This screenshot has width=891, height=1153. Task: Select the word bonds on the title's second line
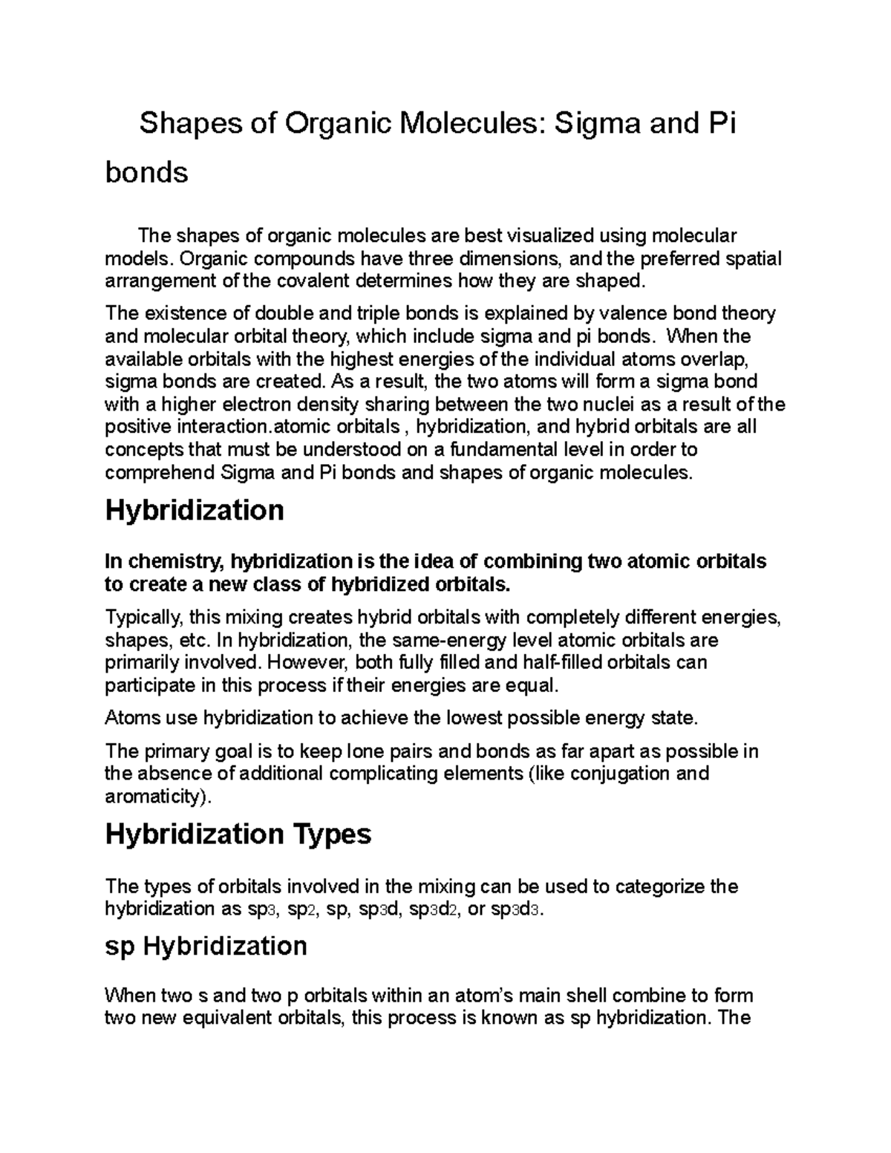tap(147, 172)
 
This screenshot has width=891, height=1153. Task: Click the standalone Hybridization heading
tap(195, 511)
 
